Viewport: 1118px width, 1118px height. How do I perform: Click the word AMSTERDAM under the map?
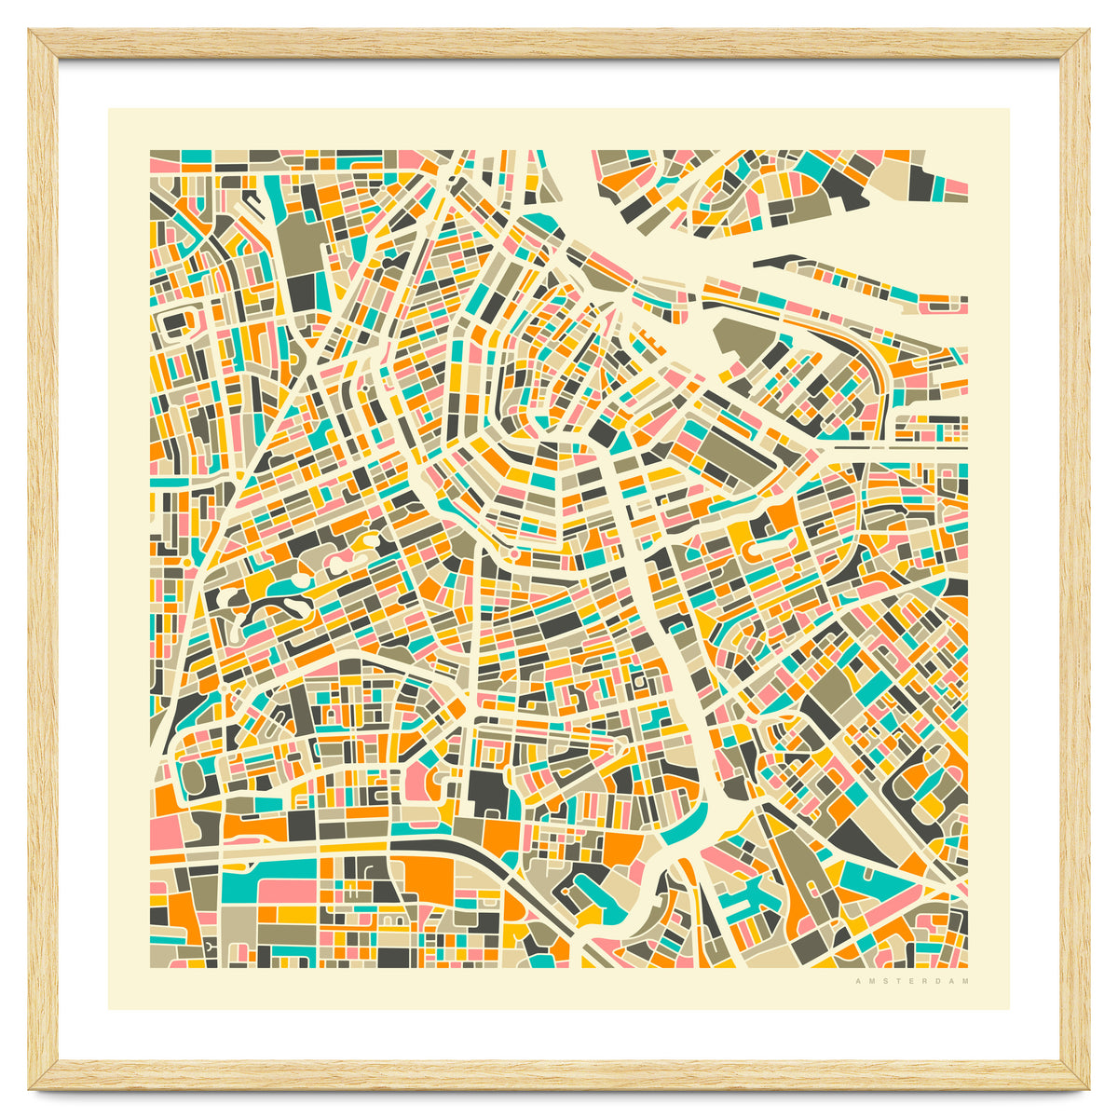click(x=911, y=980)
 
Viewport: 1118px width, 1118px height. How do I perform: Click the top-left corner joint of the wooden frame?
click(x=43, y=43)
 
